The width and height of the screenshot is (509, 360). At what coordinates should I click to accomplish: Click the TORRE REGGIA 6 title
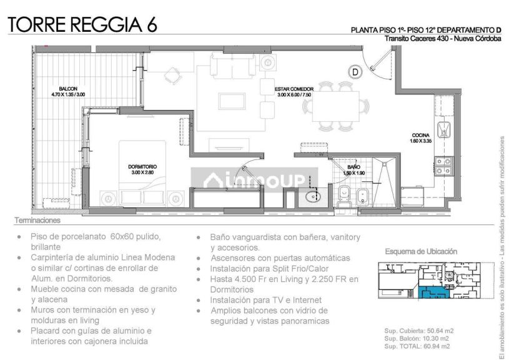coord(82,24)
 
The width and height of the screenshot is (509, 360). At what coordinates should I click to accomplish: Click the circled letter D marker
coord(355,72)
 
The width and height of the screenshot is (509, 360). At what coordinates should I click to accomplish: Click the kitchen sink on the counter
coord(444,129)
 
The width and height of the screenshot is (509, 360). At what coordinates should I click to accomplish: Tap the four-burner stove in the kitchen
coord(444,166)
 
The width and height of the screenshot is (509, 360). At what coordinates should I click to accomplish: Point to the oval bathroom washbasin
coord(313,196)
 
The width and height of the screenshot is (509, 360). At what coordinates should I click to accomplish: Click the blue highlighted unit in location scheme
coord(433,292)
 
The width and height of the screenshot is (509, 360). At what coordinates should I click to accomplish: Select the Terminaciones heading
coord(37,220)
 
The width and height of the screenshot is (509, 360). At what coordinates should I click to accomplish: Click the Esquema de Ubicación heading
coord(421,251)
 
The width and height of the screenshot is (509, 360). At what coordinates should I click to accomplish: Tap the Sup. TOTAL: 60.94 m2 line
coord(417,346)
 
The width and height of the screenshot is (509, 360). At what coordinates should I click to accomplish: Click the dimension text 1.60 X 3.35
coord(421,141)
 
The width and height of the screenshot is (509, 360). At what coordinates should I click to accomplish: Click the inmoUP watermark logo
coord(254,181)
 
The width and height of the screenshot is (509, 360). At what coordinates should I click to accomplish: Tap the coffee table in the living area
coord(232,101)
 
